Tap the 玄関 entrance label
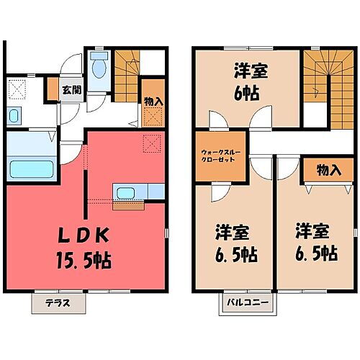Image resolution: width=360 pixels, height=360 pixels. point(71,90)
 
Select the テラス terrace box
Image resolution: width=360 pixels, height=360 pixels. point(58,302)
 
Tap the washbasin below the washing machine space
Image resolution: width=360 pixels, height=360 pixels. point(17,117)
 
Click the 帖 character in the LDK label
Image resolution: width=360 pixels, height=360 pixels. point(102,260)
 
